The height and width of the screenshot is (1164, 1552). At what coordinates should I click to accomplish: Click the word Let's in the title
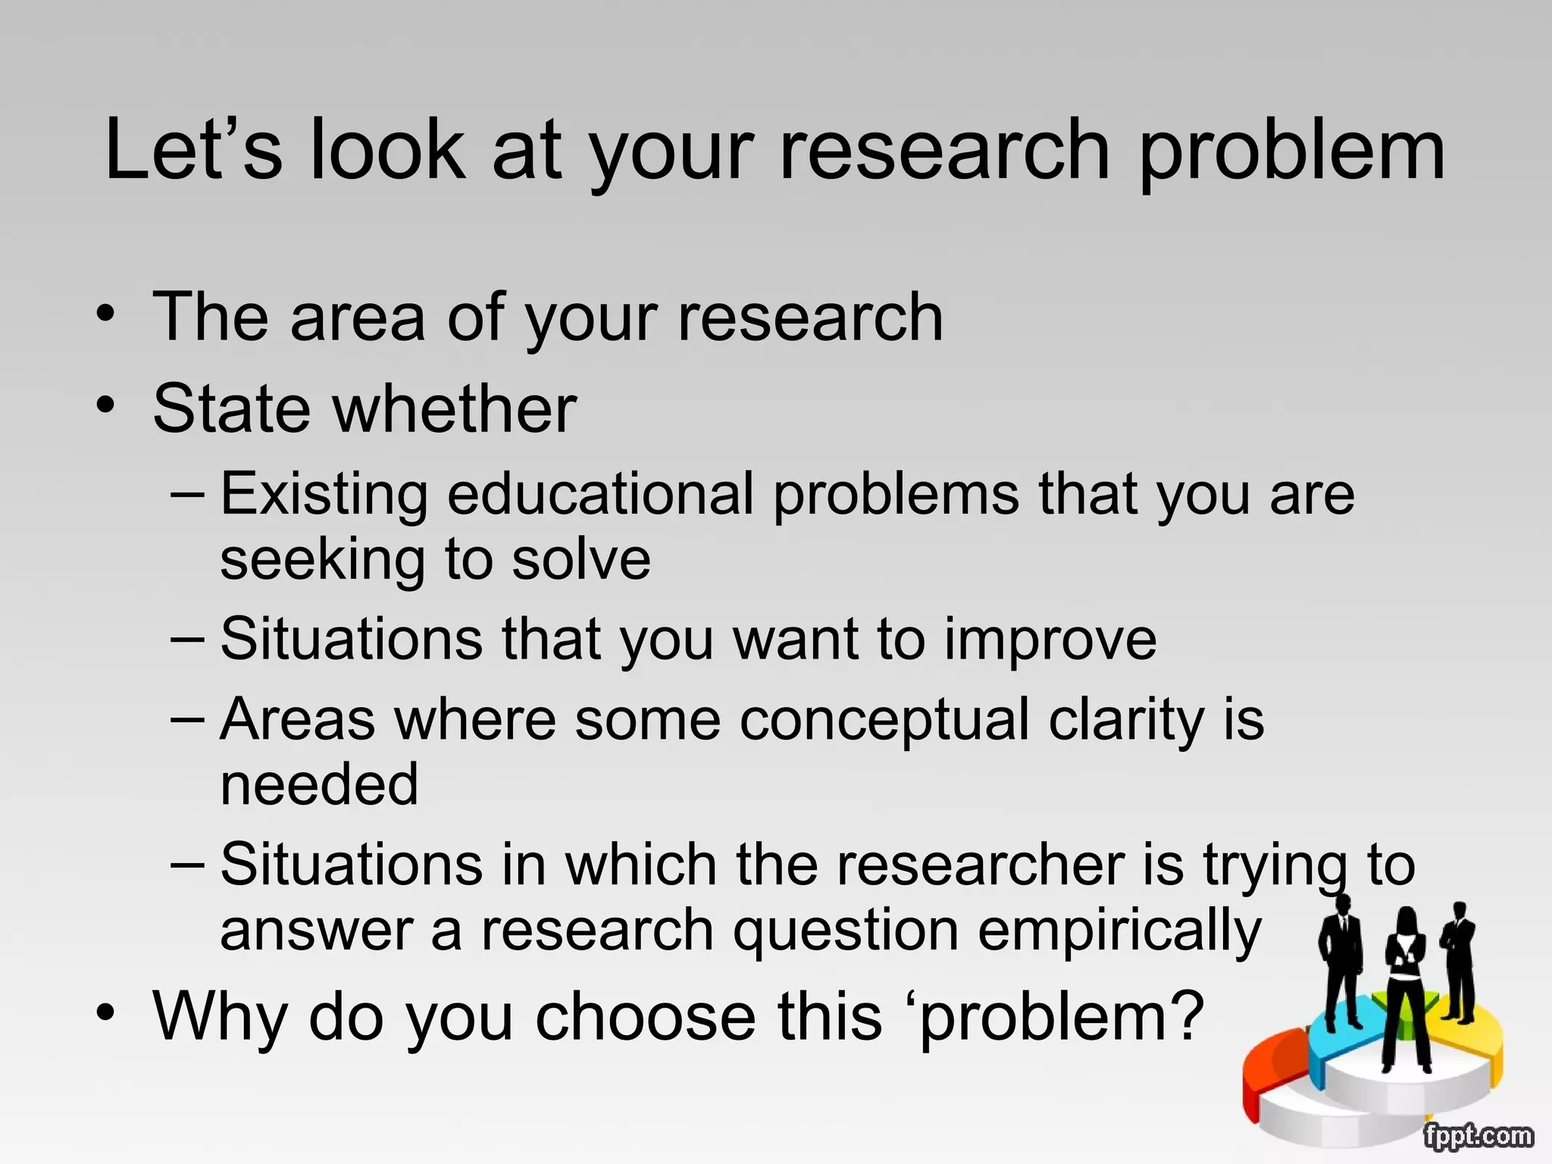pos(192,150)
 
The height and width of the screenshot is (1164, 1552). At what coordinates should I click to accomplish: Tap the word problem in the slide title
pos(1291,152)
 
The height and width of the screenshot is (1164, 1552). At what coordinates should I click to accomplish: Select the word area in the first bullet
pos(357,318)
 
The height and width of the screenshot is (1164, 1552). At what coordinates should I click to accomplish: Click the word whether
pos(454,409)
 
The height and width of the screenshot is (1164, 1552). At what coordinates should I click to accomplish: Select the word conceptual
pos(884,720)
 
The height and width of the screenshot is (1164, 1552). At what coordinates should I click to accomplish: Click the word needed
pos(319,784)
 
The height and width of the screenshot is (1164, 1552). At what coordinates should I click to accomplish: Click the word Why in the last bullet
pos(220,1017)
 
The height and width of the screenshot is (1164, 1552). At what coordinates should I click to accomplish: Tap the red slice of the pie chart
pos(1273,1069)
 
